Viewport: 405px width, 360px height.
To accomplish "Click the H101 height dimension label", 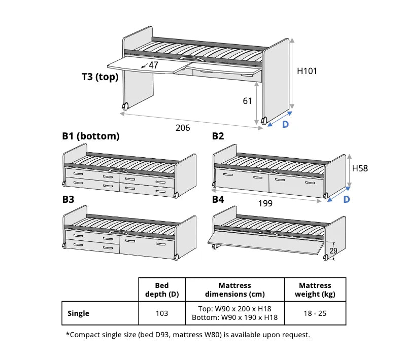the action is (307, 71).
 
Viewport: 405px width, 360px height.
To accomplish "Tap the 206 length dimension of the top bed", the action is (183, 128).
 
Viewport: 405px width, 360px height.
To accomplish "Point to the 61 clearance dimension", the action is (247, 101).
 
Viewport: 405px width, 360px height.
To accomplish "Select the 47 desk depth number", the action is (153, 65).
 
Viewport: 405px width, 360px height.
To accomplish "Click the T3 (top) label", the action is (100, 77).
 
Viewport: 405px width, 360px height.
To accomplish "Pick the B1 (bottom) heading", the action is (91, 136).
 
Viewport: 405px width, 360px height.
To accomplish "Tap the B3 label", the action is (68, 199).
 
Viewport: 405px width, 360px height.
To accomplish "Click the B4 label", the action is (218, 199).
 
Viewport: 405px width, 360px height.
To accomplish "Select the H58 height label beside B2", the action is (360, 168).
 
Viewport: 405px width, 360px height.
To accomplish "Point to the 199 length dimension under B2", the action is (265, 203).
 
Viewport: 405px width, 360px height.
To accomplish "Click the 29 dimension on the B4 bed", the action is (333, 250).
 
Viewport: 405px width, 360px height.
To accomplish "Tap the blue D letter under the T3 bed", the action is (285, 124).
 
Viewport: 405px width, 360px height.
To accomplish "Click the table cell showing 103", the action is (162, 313).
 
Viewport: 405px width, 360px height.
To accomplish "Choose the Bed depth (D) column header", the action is (162, 290).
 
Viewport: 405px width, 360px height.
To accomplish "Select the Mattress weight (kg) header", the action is (315, 290).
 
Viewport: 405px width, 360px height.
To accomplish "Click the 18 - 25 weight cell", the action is (315, 313).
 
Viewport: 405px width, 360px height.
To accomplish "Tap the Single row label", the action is (78, 313).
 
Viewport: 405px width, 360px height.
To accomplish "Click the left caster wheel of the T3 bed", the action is (125, 106).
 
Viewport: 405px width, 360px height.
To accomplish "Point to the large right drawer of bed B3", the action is (147, 246).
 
